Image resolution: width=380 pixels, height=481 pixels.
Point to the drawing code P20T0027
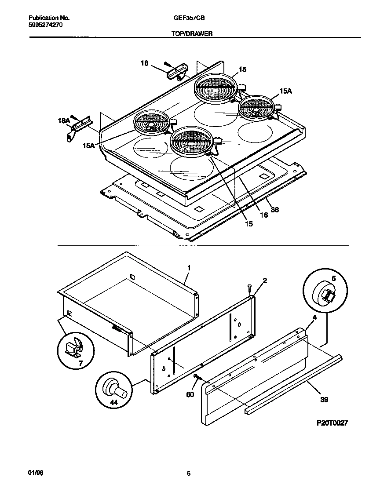332,423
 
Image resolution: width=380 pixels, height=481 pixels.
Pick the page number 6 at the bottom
188,474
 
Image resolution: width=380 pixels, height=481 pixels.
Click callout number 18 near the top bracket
144,63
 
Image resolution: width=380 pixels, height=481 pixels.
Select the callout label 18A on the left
64,120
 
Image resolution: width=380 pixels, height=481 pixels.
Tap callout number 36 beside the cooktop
274,210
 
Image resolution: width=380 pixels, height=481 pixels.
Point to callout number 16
263,215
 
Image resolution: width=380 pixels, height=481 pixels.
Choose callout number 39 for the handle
325,400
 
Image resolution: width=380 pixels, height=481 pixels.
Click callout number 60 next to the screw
190,395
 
